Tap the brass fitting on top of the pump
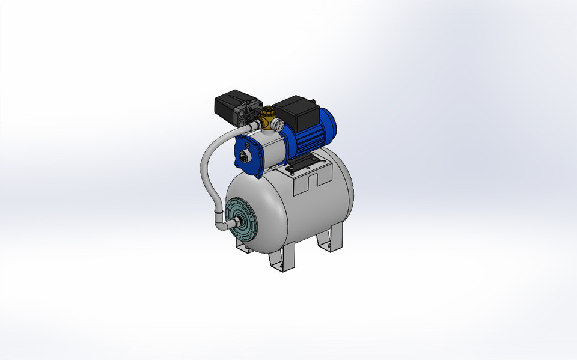tap(268, 118)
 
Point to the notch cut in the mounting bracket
tap(312, 180)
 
